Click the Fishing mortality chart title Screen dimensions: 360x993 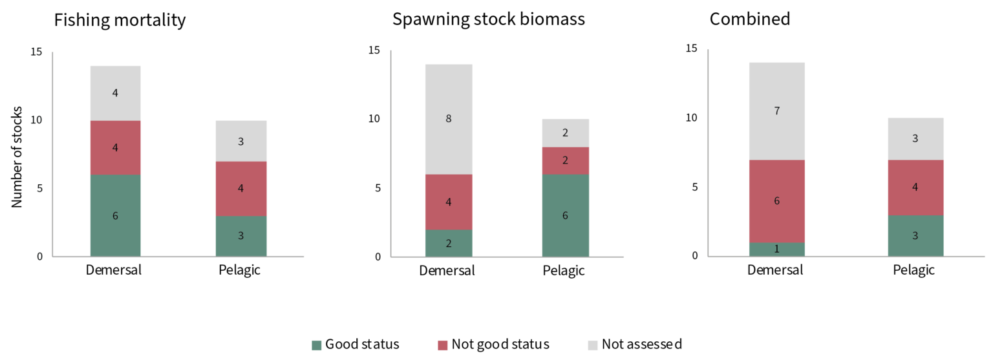(x=120, y=20)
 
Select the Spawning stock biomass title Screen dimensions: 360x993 (x=488, y=19)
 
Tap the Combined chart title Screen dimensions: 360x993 (x=749, y=19)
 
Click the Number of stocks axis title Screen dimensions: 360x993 (x=17, y=157)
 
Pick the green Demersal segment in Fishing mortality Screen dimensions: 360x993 (x=115, y=216)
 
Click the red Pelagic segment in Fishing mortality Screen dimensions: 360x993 (x=240, y=188)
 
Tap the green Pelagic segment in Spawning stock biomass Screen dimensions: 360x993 (x=565, y=215)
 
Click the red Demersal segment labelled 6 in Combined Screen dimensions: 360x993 (x=776, y=201)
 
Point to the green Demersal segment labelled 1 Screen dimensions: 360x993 (x=776, y=249)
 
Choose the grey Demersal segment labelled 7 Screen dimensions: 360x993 (x=776, y=111)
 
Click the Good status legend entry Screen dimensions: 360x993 (x=355, y=344)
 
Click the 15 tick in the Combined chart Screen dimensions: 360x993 (x=692, y=49)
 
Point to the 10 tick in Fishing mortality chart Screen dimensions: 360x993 (x=37, y=120)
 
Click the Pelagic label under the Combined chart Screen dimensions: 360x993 (x=913, y=270)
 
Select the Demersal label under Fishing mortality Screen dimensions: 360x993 (x=114, y=270)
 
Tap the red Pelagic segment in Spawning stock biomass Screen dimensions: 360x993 (x=565, y=160)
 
